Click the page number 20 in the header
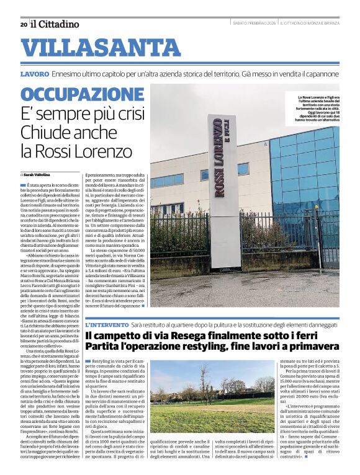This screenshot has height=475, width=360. pos(23,24)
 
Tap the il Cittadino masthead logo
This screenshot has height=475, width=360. pos(55,24)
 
